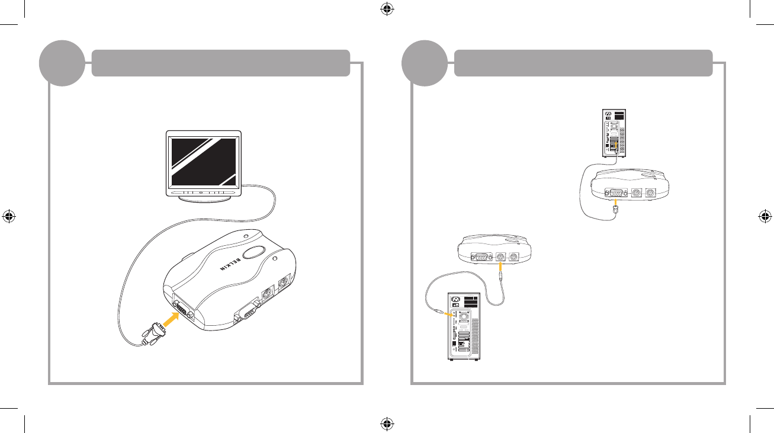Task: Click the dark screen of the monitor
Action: (x=203, y=161)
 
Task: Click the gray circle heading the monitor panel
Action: (x=62, y=62)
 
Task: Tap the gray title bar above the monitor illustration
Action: (x=220, y=63)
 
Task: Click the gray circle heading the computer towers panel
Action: (x=424, y=62)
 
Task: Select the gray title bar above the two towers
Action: (x=583, y=63)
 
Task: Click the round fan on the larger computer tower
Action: (x=461, y=316)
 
